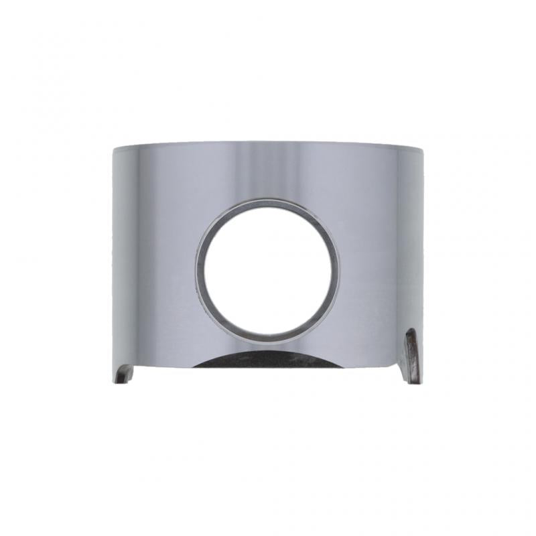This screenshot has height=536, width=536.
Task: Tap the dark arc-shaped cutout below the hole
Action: click(268, 359)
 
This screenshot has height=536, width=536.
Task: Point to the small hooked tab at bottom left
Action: click(123, 373)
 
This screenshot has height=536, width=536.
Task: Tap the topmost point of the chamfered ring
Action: click(268, 199)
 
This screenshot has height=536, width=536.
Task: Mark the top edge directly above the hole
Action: click(268, 142)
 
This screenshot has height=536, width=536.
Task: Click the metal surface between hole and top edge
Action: click(268, 171)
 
